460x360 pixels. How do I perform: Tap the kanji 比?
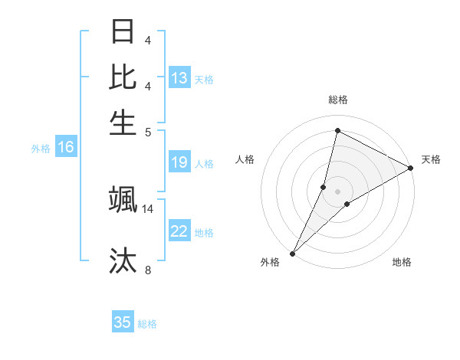pyautogui.click(x=123, y=77)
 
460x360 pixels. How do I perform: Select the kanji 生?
pyautogui.click(x=123, y=121)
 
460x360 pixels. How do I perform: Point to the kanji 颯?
pyautogui.click(x=123, y=199)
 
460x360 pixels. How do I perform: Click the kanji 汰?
pyautogui.click(x=123, y=260)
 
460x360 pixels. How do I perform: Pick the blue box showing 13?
pyautogui.click(x=179, y=78)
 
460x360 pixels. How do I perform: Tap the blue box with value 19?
pyautogui.click(x=179, y=162)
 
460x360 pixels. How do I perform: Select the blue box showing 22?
pyautogui.click(x=179, y=231)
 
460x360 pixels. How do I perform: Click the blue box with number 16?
pyautogui.click(x=66, y=147)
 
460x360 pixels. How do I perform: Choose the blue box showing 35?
pyautogui.click(x=123, y=322)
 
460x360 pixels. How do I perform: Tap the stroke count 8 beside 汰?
pyautogui.click(x=148, y=270)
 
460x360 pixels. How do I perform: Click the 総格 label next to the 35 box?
pyautogui.click(x=147, y=324)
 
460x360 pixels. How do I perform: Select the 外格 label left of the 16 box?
pyautogui.click(x=41, y=149)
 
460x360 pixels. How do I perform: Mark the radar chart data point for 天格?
pyautogui.click(x=411, y=169)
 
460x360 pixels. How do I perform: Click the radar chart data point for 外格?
pyautogui.click(x=292, y=254)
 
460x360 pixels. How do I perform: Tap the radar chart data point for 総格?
pyautogui.click(x=337, y=130)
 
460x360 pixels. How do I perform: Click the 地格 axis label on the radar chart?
pyautogui.click(x=402, y=262)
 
